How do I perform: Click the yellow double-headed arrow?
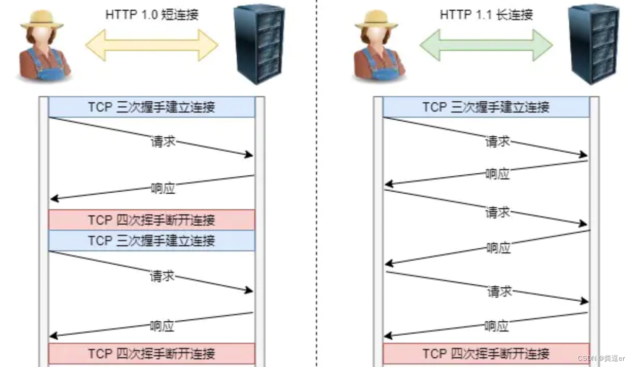[151, 45]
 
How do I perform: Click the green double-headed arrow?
[486, 45]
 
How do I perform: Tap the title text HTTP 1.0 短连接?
[152, 14]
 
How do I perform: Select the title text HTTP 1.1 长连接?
[486, 14]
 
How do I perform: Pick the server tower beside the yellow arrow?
[259, 44]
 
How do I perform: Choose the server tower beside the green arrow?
[594, 44]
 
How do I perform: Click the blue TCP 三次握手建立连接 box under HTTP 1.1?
[486, 107]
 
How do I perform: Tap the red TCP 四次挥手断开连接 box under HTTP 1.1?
[486, 354]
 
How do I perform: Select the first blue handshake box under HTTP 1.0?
[151, 107]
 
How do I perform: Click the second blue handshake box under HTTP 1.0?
[151, 241]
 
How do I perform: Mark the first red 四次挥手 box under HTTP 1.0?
[151, 220]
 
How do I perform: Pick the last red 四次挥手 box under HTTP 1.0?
[151, 354]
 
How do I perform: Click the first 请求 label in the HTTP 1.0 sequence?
[163, 142]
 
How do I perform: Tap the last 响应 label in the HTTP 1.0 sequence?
[162, 326]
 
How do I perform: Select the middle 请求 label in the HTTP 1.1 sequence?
[498, 212]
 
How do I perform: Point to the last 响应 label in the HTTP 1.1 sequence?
[497, 326]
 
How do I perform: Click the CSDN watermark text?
[601, 358]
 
